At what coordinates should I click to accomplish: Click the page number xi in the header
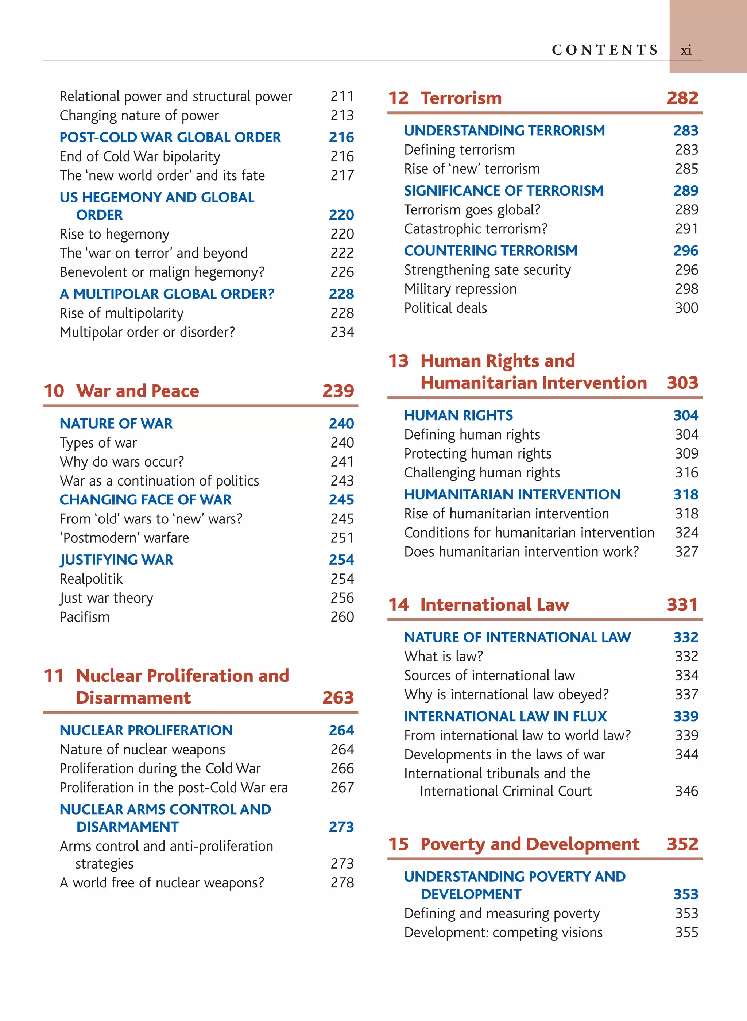point(686,50)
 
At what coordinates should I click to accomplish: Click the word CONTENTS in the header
point(604,50)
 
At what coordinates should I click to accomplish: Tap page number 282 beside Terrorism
point(682,98)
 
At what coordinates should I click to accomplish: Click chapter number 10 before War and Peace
point(54,391)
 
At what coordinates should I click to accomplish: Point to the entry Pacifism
point(85,617)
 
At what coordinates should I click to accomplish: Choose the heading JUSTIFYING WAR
point(116,560)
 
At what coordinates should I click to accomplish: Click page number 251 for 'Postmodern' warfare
point(342,538)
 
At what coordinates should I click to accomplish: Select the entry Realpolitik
point(91,579)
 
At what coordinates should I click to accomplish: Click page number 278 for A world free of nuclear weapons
point(342,883)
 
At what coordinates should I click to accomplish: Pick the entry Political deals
point(445,308)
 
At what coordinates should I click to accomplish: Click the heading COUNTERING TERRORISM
point(491,251)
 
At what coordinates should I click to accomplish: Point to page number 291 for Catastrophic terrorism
point(686,229)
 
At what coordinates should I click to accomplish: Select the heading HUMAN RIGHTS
point(458,415)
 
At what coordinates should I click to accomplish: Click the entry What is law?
point(444,656)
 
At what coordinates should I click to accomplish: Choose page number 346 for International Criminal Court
point(686,791)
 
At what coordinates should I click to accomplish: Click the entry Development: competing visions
point(503,932)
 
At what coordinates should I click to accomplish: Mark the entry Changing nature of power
point(139,116)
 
